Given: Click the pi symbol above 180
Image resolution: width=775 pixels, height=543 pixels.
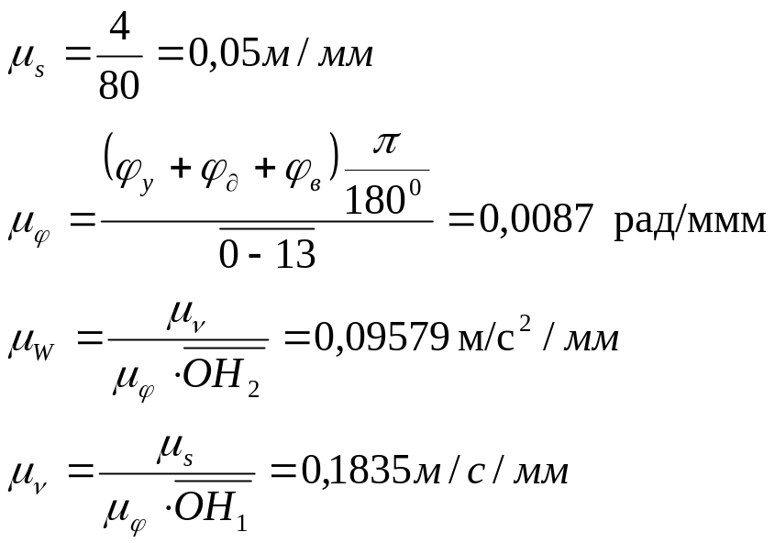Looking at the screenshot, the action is [x=388, y=147].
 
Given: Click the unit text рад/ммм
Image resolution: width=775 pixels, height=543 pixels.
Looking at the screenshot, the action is [x=690, y=223].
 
